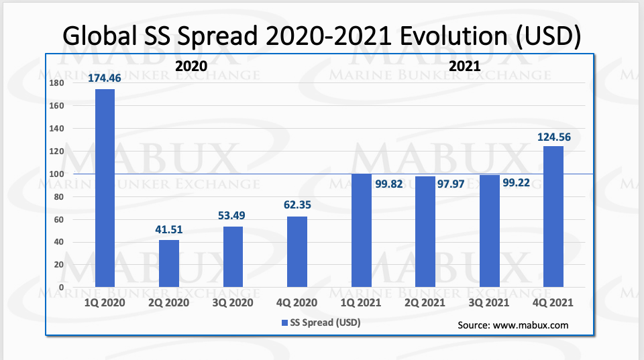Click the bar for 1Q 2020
pyautogui.click(x=105, y=188)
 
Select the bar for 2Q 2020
pyautogui.click(x=169, y=263)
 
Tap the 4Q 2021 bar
pyautogui.click(x=553, y=217)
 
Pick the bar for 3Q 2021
pyautogui.click(x=490, y=231)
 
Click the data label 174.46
pyautogui.click(x=105, y=78)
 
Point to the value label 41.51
pyautogui.click(x=169, y=229)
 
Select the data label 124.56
pyautogui.click(x=554, y=137)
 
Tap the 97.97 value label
pyautogui.click(x=451, y=184)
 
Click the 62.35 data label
pyautogui.click(x=297, y=205)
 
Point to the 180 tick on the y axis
pyautogui.click(x=56, y=83)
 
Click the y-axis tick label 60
pyautogui.click(x=59, y=220)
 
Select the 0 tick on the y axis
pyautogui.click(x=61, y=288)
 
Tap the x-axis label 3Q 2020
pyautogui.click(x=233, y=303)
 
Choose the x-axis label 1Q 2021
pyautogui.click(x=361, y=303)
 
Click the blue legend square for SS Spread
pyautogui.click(x=284, y=323)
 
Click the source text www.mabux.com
pyautogui.click(x=531, y=326)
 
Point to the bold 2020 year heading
pyautogui.click(x=191, y=66)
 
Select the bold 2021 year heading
pyautogui.click(x=464, y=66)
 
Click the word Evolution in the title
pyautogui.click(x=454, y=36)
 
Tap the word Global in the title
pyautogui.click(x=100, y=36)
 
